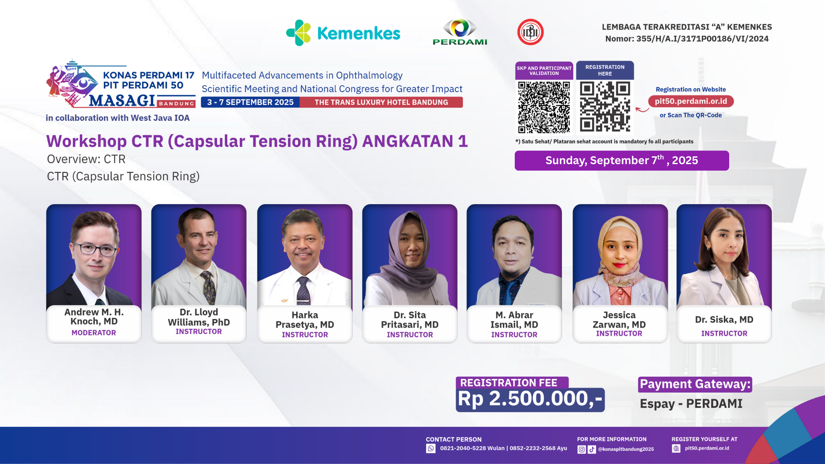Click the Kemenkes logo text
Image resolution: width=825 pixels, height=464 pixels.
(x=358, y=33)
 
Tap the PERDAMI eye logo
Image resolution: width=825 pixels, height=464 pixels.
(x=460, y=28)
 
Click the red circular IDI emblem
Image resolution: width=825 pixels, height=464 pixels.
(x=530, y=32)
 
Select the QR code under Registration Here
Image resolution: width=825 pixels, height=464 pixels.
(x=605, y=107)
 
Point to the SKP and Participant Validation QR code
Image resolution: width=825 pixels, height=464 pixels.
(x=544, y=107)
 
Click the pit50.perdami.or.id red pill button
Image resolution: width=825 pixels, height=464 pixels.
(x=691, y=101)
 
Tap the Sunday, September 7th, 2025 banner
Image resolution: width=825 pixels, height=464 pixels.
(x=622, y=161)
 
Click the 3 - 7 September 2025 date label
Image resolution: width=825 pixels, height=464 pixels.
(x=250, y=102)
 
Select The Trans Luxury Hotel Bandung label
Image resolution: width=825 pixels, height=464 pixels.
(x=381, y=102)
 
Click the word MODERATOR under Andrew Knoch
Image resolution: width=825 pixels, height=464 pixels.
(x=94, y=333)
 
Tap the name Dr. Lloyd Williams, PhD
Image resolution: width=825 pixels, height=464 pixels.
(x=199, y=317)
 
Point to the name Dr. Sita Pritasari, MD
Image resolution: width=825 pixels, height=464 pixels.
(x=410, y=320)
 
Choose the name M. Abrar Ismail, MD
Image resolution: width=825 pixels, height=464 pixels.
(x=514, y=320)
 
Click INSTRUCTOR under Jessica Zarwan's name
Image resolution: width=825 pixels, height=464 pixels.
(x=619, y=333)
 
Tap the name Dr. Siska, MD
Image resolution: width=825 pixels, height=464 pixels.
(x=724, y=320)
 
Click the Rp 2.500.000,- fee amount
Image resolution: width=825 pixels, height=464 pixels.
(x=530, y=399)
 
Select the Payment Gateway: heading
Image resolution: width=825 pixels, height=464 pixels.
(x=695, y=384)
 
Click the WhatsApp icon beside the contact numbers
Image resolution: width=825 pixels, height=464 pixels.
(x=431, y=449)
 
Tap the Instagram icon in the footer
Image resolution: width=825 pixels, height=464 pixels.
(x=582, y=449)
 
